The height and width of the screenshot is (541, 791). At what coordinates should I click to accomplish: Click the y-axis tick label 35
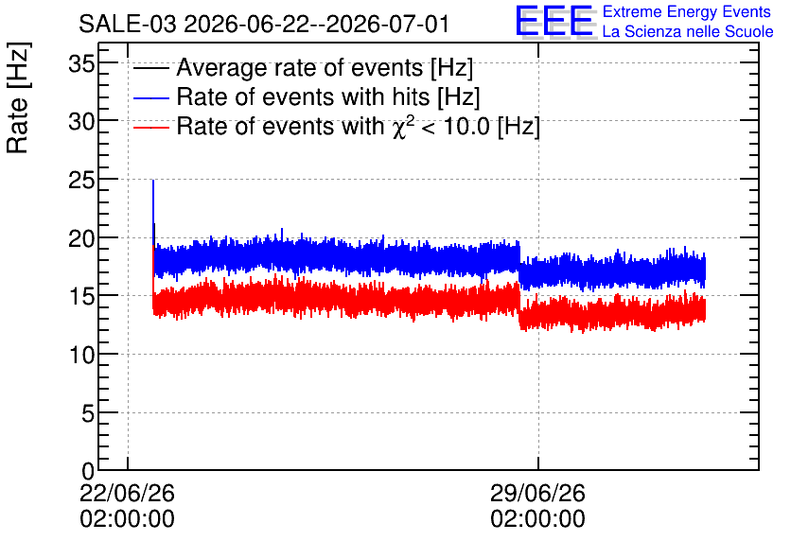tap(81, 64)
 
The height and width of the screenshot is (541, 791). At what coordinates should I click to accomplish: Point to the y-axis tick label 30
tap(81, 122)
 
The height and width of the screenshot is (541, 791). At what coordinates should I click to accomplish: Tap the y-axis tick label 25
tap(81, 180)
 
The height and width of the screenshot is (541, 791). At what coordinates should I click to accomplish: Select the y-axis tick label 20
tap(81, 238)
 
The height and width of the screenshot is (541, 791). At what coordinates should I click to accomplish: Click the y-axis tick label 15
tap(81, 296)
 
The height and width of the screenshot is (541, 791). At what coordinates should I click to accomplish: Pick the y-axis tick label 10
tap(81, 356)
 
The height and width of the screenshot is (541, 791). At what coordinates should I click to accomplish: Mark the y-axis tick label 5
tap(88, 414)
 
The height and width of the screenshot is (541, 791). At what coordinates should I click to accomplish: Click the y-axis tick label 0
tap(88, 471)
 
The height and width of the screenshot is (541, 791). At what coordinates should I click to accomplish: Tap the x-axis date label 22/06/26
tap(127, 493)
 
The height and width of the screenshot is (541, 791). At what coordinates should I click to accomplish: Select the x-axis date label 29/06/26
tap(537, 493)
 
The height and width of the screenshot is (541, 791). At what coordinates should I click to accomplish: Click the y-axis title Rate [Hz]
tap(18, 97)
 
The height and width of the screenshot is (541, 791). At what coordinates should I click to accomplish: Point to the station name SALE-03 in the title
tap(128, 25)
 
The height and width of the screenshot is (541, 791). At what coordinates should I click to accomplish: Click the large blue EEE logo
tap(554, 21)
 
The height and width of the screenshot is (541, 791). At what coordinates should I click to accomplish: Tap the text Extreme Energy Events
tap(687, 11)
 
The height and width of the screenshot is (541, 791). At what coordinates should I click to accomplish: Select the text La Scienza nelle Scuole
tap(688, 31)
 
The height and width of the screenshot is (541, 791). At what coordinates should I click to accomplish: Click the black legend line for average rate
tap(150, 68)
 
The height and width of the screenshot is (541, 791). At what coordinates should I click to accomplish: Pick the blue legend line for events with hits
tap(150, 97)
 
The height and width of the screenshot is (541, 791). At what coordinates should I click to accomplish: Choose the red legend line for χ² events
tap(150, 128)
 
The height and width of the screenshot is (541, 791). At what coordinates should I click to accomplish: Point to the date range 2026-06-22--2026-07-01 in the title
tap(316, 25)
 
